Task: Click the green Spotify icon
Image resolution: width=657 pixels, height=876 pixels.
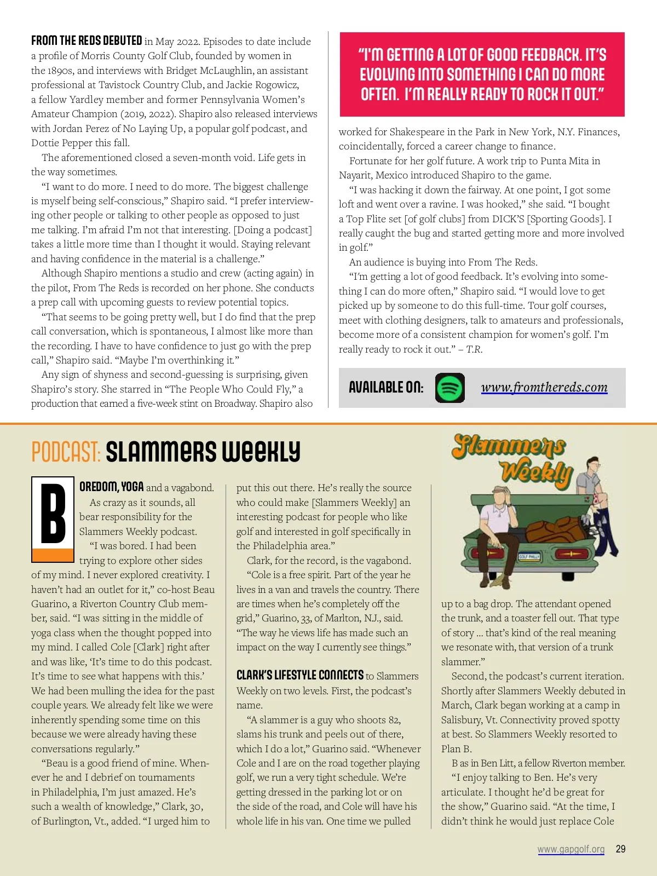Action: point(449,388)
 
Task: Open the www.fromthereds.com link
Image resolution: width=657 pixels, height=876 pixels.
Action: point(544,388)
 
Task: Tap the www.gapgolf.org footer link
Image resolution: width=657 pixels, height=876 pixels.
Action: point(570,849)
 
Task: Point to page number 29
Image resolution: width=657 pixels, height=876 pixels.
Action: point(620,849)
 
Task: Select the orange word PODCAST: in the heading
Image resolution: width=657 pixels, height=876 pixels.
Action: point(66,452)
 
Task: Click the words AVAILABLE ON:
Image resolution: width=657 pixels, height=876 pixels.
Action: point(386,388)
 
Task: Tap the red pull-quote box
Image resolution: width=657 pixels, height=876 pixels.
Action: point(482,74)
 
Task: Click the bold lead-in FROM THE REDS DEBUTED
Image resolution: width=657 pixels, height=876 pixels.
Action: point(87,41)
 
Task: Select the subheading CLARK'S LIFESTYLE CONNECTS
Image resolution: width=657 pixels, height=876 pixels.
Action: point(299,675)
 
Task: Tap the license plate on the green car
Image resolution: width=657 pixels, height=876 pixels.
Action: point(529,556)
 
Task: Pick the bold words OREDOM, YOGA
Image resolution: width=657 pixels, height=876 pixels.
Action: point(111,487)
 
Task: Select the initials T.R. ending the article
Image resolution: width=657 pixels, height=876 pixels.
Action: point(474,349)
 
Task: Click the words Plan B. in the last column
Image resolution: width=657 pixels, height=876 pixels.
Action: point(456,748)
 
